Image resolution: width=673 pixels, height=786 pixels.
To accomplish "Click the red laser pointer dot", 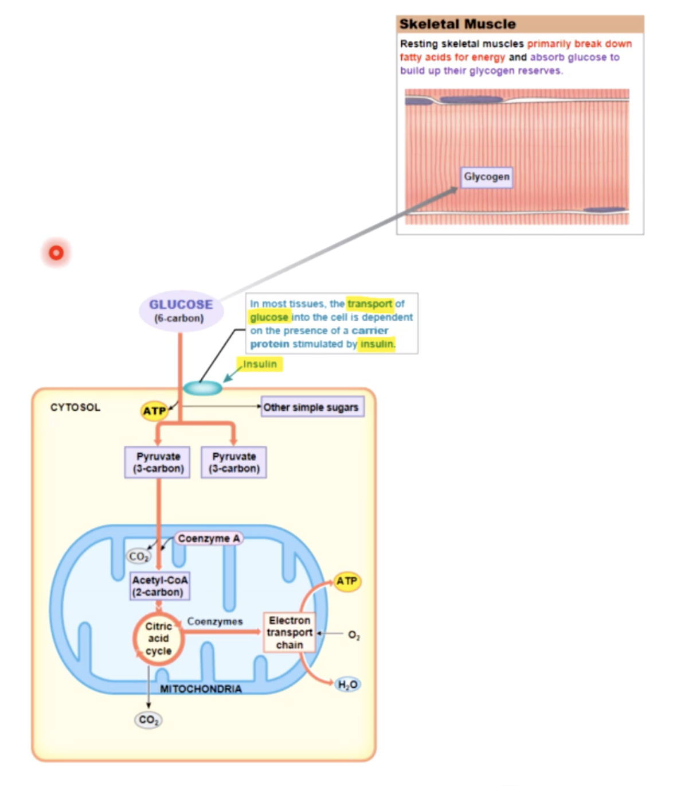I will [x=56, y=252].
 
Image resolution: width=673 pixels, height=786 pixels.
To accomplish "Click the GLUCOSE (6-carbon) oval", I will [x=181, y=310].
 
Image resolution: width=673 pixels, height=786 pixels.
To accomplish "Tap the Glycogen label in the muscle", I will [x=486, y=177].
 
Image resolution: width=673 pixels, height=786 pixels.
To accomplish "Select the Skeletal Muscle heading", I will [x=457, y=24].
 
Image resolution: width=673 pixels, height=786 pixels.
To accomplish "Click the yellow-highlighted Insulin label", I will [x=260, y=364].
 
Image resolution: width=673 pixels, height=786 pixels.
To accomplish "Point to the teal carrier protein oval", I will [x=202, y=388].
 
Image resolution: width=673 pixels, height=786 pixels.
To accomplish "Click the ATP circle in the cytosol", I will [x=154, y=411].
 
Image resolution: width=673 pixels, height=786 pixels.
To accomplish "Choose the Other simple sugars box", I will [x=311, y=407].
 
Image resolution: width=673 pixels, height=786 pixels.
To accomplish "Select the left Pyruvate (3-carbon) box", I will [x=158, y=462].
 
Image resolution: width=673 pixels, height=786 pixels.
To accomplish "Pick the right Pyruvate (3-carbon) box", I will [x=234, y=462].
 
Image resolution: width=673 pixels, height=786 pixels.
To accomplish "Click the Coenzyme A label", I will [x=209, y=538].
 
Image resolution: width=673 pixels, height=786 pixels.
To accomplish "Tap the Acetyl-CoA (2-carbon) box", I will [x=159, y=586].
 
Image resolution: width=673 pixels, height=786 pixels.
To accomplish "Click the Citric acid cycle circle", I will [x=159, y=639].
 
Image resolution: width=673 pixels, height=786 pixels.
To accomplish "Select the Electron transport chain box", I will [x=289, y=633].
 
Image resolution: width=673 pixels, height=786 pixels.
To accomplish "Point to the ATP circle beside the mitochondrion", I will [x=347, y=581].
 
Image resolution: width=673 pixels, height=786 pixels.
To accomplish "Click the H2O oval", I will [x=347, y=684].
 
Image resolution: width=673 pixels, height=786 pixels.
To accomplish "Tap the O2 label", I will [x=354, y=635].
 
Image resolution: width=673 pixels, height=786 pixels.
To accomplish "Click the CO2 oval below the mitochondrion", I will [x=148, y=720].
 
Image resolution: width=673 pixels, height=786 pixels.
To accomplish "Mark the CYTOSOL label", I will [x=75, y=407].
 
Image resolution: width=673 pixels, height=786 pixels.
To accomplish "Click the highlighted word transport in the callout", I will [x=370, y=303].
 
